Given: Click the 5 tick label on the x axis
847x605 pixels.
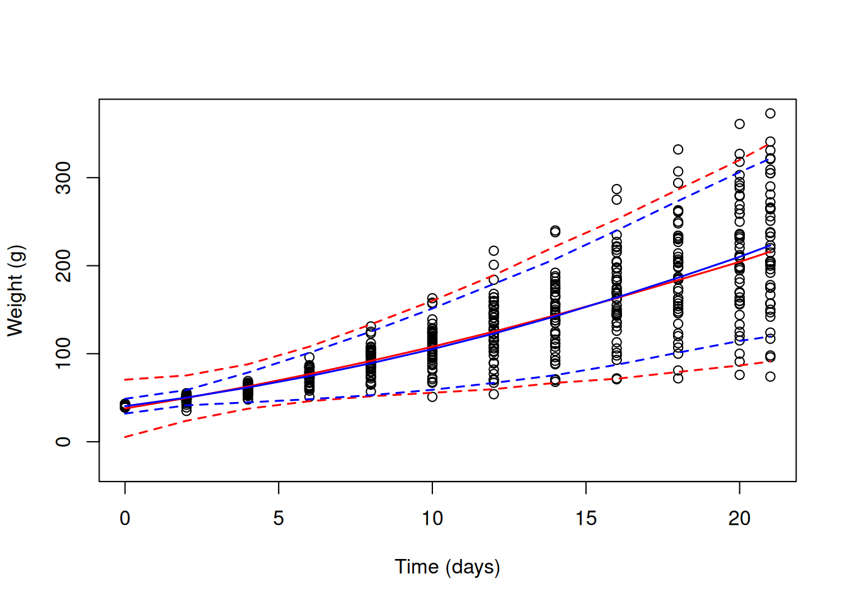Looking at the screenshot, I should [x=279, y=518].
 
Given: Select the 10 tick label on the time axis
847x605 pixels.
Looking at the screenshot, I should [x=432, y=518].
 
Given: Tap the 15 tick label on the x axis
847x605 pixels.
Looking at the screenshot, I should [x=586, y=518].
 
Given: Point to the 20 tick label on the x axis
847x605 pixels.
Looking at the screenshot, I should [x=739, y=518].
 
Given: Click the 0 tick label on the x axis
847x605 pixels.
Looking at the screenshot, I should [x=125, y=518].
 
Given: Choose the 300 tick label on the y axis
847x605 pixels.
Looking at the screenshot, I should [x=63, y=178].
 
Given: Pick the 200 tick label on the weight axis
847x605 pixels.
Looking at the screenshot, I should [x=63, y=265].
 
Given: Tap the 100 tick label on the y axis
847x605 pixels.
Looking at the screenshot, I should [x=63, y=354].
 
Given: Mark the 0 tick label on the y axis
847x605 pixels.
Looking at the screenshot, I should [x=63, y=442].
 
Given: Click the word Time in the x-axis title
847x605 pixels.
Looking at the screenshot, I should [x=417, y=567].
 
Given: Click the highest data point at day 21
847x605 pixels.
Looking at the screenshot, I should [x=770, y=113].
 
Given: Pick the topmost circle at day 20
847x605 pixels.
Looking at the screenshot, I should [x=739, y=124].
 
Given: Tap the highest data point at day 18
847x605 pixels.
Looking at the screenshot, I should [x=678, y=149].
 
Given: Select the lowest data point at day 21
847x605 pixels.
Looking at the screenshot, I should [x=770, y=377].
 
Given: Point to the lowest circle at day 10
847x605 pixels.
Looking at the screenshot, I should [x=432, y=397].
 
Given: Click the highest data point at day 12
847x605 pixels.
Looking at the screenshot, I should [x=493, y=251].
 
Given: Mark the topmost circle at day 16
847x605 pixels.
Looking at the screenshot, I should [x=616, y=189].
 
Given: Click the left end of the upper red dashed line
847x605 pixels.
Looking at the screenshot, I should [x=125, y=379].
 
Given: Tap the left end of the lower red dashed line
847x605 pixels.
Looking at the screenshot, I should [x=125, y=437].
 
